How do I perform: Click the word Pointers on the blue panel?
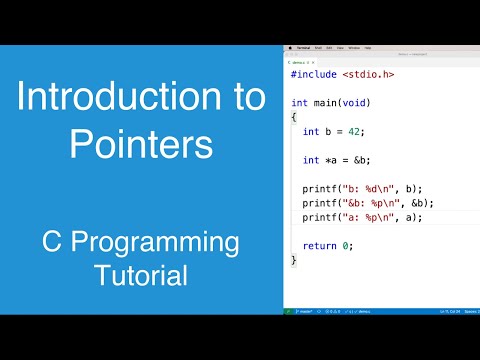click(x=141, y=145)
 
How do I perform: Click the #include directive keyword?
click(x=313, y=75)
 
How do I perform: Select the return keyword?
click(x=318, y=246)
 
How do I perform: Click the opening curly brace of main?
click(x=294, y=117)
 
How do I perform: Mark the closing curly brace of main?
click(x=294, y=260)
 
